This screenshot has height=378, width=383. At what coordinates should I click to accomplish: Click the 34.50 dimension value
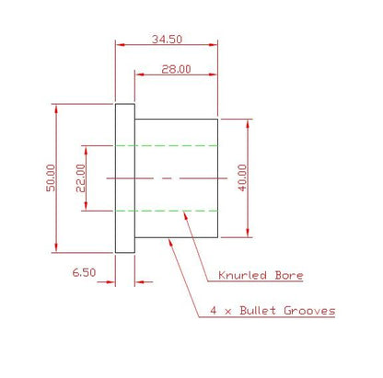[167, 40]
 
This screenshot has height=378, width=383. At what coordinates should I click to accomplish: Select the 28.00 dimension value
[176, 69]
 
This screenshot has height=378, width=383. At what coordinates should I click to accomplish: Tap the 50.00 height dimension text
[51, 178]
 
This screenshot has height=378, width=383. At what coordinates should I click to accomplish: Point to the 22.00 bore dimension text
[81, 178]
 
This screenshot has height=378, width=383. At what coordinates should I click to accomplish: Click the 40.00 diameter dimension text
[242, 178]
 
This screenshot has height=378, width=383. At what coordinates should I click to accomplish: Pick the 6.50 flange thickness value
[84, 272]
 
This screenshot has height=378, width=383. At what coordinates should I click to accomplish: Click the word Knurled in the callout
[242, 275]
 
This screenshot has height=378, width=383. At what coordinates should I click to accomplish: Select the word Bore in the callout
[289, 275]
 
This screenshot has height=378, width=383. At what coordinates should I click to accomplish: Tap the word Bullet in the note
[258, 310]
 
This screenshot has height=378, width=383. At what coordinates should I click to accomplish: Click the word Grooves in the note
[309, 311]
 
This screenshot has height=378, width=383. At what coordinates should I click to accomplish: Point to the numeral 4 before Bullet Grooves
[214, 310]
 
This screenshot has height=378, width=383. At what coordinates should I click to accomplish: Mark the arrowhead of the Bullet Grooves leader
[170, 243]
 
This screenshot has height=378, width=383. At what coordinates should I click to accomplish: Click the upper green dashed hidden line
[167, 145]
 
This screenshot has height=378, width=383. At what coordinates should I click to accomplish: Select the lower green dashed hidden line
[167, 211]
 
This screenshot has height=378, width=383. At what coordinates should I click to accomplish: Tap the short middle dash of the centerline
[167, 178]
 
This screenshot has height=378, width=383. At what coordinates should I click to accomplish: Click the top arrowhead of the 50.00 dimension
[56, 109]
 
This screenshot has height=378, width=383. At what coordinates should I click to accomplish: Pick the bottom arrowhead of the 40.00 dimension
[248, 233]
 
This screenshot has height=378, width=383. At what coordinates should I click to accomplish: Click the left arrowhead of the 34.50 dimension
[120, 45]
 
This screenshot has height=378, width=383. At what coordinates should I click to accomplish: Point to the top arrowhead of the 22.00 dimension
[86, 150]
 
